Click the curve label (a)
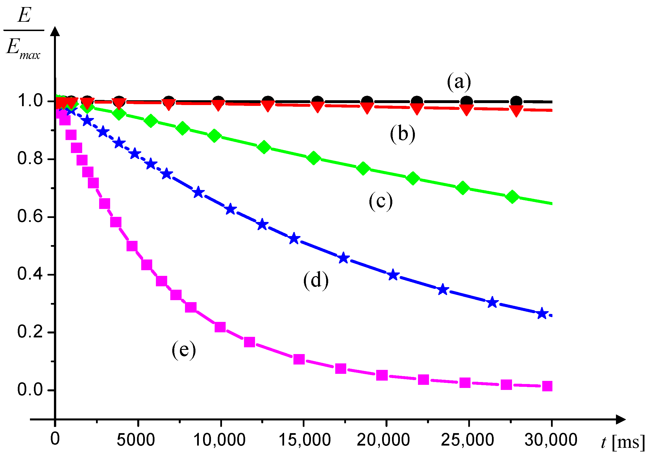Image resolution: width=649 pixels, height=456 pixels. pyautogui.click(x=459, y=82)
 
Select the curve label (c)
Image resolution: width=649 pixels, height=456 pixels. pyautogui.click(x=381, y=201)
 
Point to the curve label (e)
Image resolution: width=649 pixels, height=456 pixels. pyautogui.click(x=184, y=350)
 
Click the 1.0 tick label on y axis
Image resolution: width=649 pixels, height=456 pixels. pyautogui.click(x=30, y=101)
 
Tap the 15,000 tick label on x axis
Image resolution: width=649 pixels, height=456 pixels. pyautogui.click(x=304, y=440)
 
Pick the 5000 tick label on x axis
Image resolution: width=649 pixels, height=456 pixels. pyautogui.click(x=136, y=440)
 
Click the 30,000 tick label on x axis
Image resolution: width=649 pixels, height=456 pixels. pyautogui.click(x=551, y=440)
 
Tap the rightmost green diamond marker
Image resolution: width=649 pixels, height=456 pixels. pyautogui.click(x=512, y=197)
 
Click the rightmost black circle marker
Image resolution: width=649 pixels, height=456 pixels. pyautogui.click(x=516, y=101)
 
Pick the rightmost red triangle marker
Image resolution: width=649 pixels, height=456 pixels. pyautogui.click(x=516, y=111)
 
